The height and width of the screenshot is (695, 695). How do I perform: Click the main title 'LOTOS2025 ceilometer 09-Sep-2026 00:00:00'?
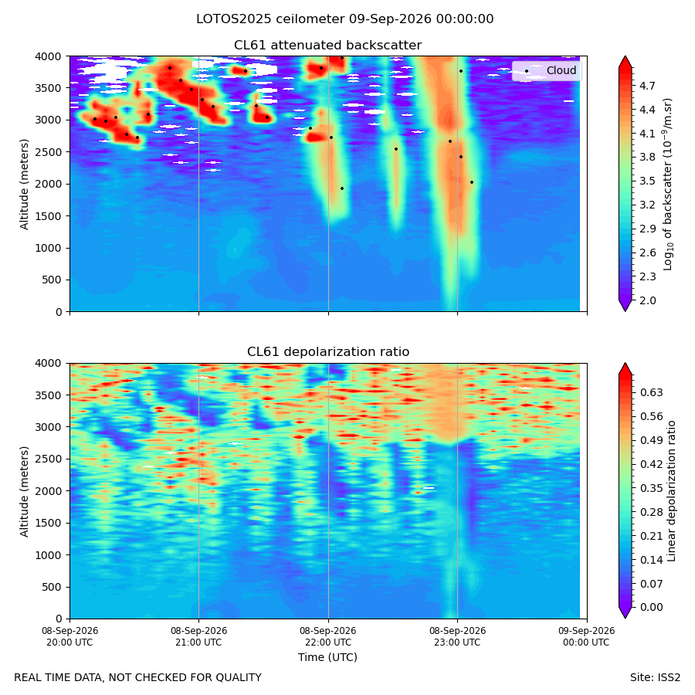click(x=345, y=19)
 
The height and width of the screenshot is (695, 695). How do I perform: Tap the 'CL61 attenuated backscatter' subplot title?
click(x=328, y=46)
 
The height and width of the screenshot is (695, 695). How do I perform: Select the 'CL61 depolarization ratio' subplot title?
click(x=328, y=352)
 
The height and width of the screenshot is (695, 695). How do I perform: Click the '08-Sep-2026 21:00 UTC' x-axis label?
click(x=198, y=636)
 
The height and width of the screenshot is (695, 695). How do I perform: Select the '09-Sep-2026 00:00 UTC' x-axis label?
click(x=586, y=636)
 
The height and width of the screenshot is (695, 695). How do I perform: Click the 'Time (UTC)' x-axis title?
click(x=327, y=657)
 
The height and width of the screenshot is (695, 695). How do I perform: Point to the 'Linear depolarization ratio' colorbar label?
click(x=671, y=491)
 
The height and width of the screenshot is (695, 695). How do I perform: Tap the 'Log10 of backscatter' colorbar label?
click(x=668, y=185)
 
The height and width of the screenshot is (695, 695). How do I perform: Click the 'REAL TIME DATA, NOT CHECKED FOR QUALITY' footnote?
click(x=138, y=678)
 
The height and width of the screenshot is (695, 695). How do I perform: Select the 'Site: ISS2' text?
click(x=655, y=678)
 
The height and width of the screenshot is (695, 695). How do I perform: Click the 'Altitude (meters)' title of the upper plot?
click(x=24, y=185)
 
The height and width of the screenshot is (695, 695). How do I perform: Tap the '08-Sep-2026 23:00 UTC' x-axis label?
click(x=457, y=636)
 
